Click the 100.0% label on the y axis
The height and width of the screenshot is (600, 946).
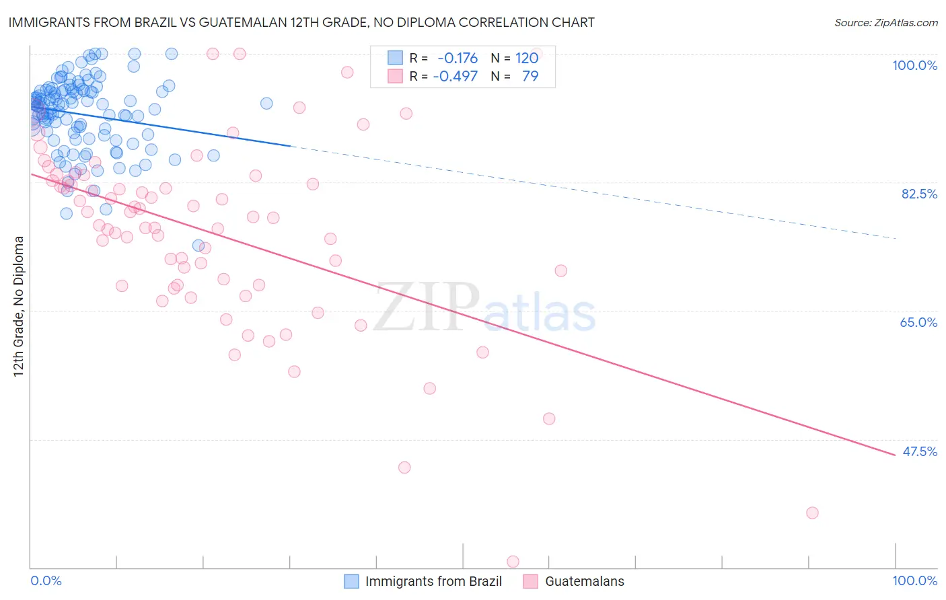[x=914, y=65]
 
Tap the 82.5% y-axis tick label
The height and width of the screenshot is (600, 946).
[x=919, y=194]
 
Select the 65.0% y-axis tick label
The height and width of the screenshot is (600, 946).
[x=918, y=322]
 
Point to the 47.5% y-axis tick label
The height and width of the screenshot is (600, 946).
[x=920, y=451]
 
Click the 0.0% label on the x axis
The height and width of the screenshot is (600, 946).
[x=46, y=580]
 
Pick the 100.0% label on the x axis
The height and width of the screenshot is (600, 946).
[x=914, y=580]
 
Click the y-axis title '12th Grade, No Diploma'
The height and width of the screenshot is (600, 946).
[x=19, y=306]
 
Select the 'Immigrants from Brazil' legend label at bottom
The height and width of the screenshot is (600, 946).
[x=433, y=581]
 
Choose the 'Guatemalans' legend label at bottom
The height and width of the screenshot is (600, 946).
[x=584, y=581]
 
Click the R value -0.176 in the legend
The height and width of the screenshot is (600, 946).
[x=458, y=59]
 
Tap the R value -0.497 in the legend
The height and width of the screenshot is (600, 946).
[x=455, y=76]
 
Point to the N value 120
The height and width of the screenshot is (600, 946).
[x=527, y=59]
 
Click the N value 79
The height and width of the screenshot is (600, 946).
[x=530, y=76]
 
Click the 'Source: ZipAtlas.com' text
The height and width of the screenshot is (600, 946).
[x=885, y=23]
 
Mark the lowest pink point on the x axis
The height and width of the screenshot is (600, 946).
[x=513, y=562]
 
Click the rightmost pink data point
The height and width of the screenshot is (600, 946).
[x=812, y=513]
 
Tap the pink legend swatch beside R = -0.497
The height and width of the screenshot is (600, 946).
[x=395, y=76]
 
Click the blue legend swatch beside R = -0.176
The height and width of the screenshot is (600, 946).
[x=395, y=59]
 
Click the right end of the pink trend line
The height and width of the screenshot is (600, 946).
[x=895, y=455]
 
